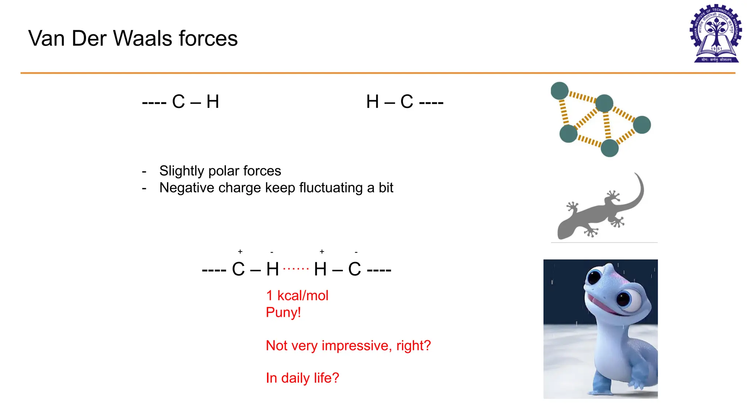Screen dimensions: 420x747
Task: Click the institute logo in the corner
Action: (x=716, y=34)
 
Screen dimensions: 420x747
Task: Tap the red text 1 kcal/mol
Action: (x=297, y=295)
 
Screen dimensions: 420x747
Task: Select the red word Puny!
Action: (x=283, y=312)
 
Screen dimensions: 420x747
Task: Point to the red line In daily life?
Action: (x=302, y=378)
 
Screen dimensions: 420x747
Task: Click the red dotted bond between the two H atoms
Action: (x=296, y=269)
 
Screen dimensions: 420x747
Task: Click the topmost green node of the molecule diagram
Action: (x=560, y=91)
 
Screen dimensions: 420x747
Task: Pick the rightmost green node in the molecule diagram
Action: (x=642, y=125)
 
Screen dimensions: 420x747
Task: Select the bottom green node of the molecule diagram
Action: (x=609, y=148)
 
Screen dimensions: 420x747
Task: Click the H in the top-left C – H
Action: (x=213, y=102)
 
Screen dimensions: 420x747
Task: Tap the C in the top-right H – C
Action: (x=407, y=102)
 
